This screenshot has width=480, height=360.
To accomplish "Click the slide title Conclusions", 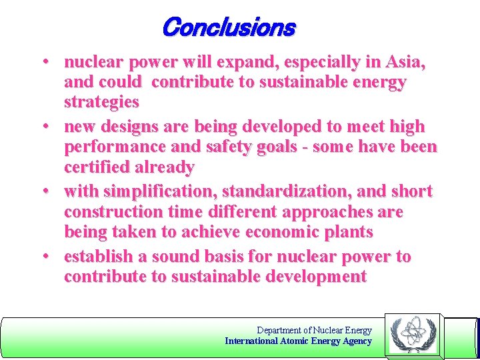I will click(228, 27).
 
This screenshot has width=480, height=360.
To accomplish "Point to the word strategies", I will click(101, 102).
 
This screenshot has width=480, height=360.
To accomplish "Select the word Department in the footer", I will click(279, 330).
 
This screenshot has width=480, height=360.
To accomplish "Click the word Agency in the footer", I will click(357, 341).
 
